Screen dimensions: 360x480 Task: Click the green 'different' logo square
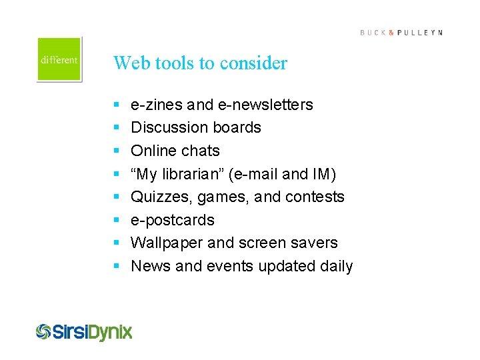(x=59, y=59)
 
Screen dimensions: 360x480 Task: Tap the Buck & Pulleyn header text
(x=401, y=33)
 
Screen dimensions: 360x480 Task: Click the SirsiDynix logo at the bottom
(x=84, y=331)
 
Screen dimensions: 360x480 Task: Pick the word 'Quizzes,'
(x=157, y=197)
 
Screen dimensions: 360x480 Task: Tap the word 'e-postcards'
(x=173, y=220)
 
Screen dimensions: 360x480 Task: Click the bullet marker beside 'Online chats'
(x=116, y=151)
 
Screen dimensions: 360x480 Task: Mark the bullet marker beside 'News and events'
(x=116, y=266)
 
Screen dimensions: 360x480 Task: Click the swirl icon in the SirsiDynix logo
(x=44, y=331)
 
